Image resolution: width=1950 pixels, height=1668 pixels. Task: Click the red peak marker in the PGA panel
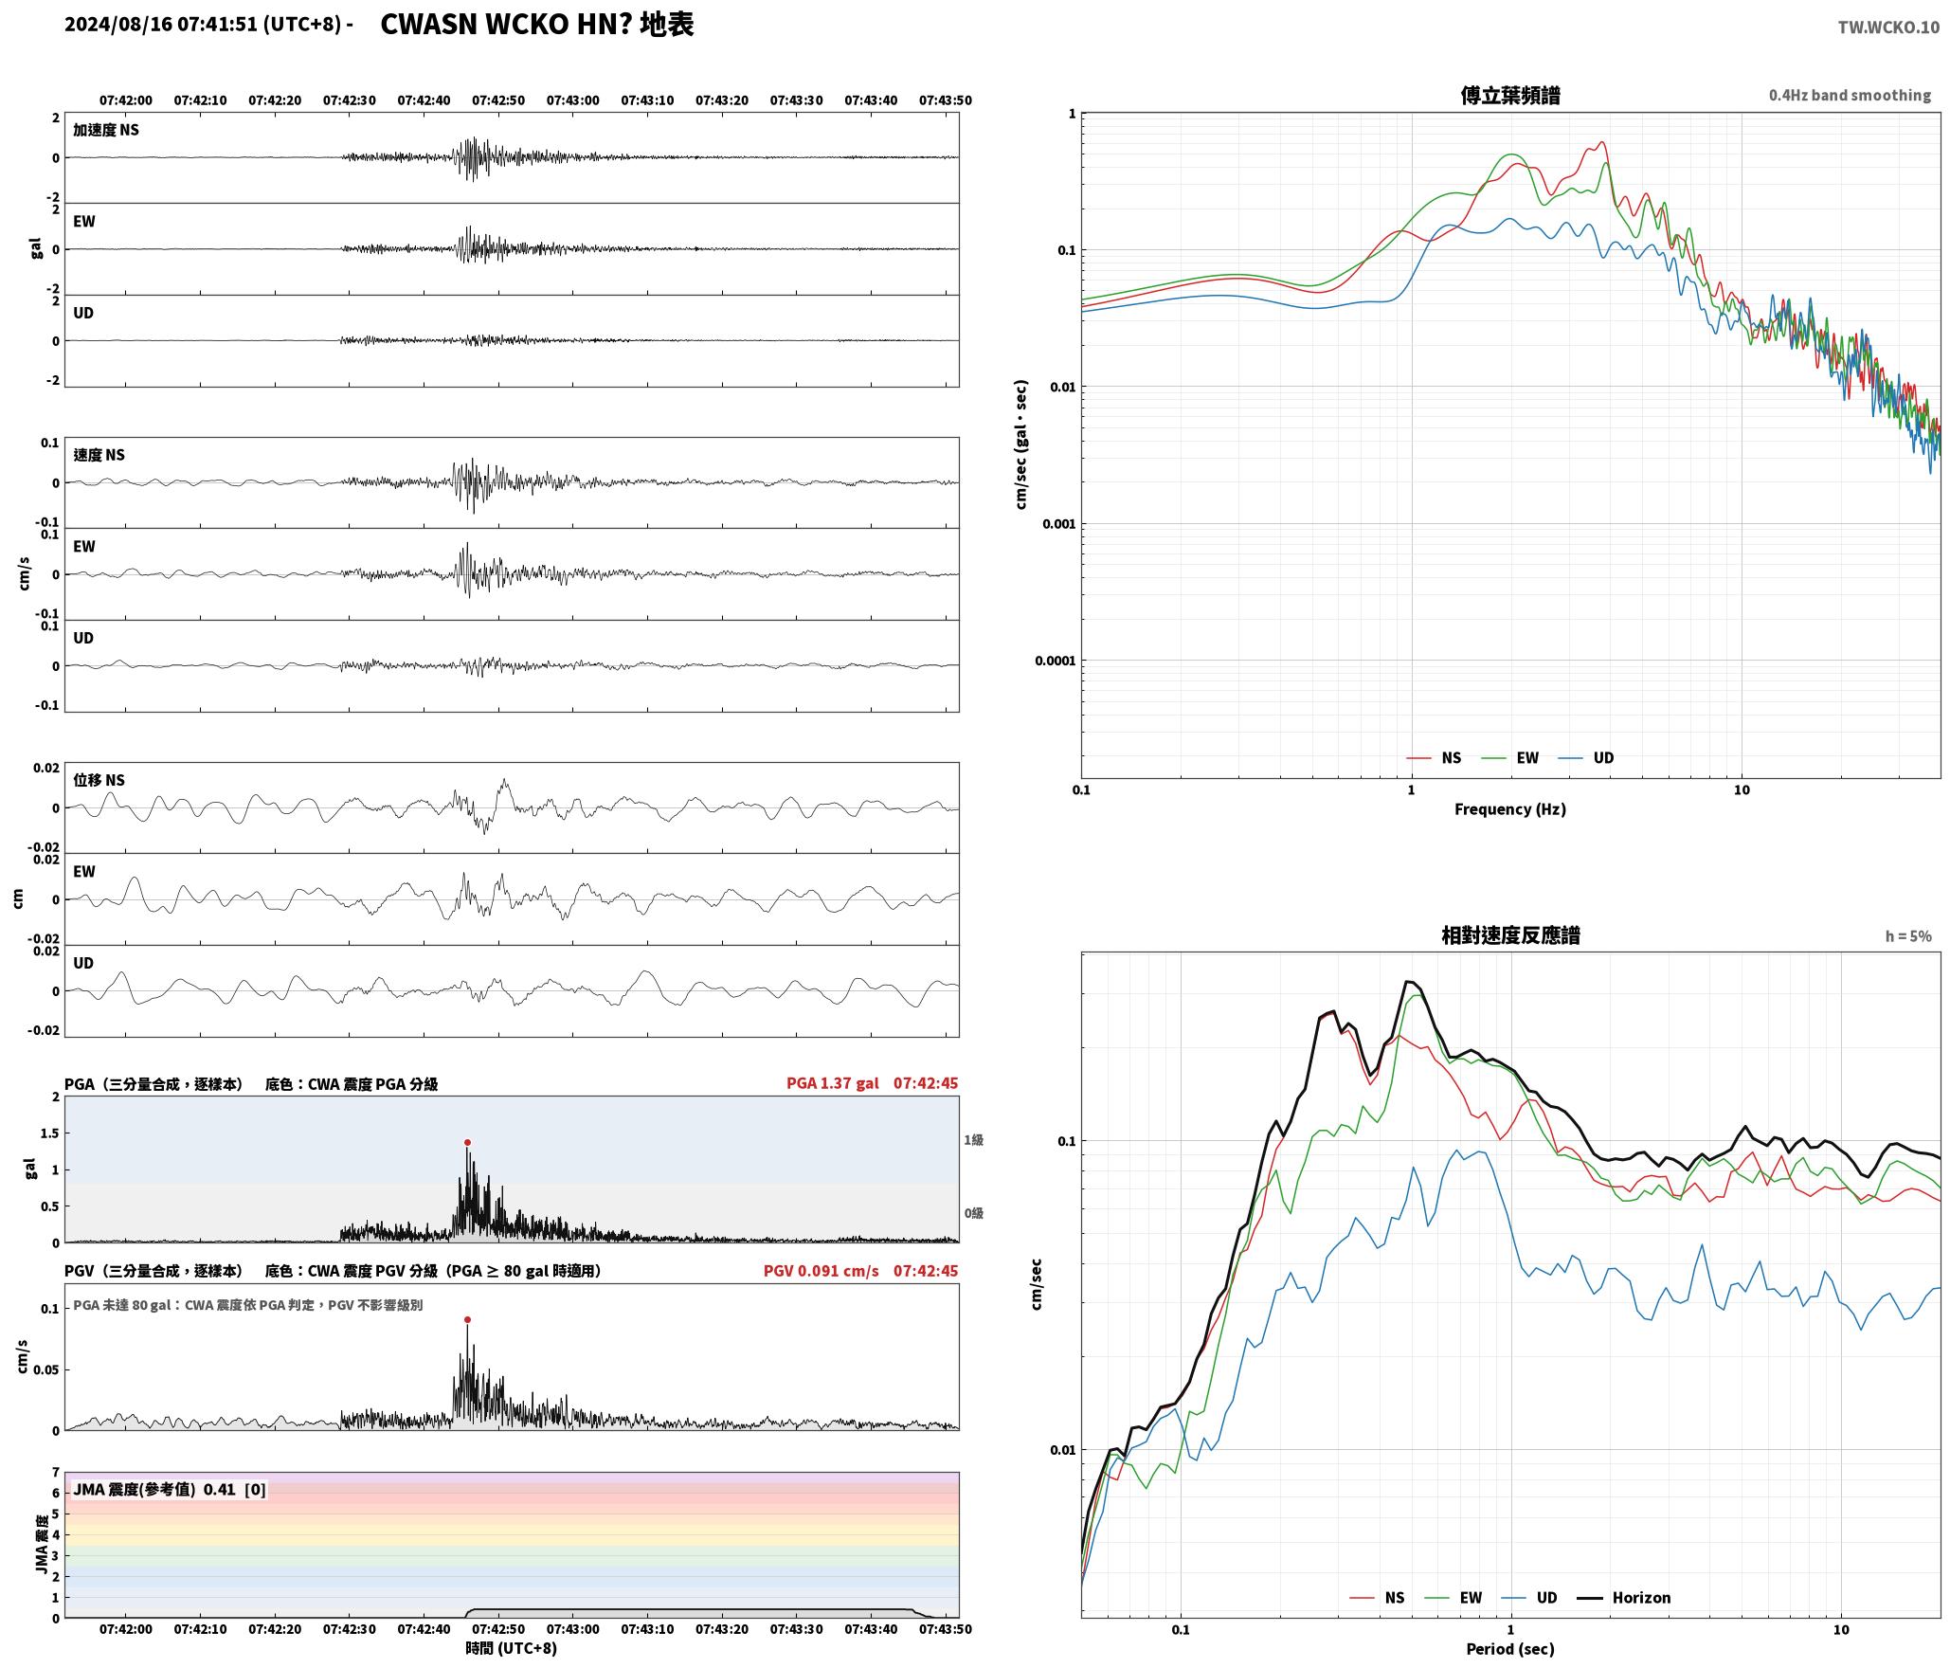(x=467, y=1143)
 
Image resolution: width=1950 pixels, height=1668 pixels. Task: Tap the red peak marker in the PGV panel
(x=467, y=1320)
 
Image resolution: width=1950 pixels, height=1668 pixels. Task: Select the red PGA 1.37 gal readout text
(x=833, y=1083)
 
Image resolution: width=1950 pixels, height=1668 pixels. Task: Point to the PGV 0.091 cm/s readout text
(x=822, y=1271)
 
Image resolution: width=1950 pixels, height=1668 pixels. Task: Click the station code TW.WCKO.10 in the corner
(x=1888, y=27)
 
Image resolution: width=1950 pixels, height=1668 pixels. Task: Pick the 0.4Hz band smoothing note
(x=1850, y=96)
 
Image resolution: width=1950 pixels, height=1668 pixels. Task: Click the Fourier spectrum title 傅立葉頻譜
(x=1510, y=96)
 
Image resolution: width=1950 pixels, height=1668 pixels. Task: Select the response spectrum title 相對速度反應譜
(x=1510, y=935)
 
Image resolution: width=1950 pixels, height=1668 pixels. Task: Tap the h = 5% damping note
(x=1908, y=936)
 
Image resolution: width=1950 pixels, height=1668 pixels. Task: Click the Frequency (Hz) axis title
(x=1510, y=809)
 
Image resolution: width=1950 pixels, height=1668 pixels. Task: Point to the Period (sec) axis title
(x=1510, y=1649)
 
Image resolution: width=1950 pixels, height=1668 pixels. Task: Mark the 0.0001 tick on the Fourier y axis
(x=1055, y=661)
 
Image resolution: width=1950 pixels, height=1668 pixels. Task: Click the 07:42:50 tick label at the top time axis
(x=498, y=100)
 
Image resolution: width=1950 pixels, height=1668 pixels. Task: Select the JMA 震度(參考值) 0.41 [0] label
(x=170, y=1490)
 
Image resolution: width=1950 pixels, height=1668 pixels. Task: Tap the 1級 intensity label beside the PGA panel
(x=973, y=1140)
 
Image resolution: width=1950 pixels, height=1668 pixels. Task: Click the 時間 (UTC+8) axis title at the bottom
(x=512, y=1648)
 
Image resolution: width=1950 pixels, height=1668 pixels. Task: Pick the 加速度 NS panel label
(x=106, y=130)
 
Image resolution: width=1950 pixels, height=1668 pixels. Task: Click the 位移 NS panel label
(x=99, y=780)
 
